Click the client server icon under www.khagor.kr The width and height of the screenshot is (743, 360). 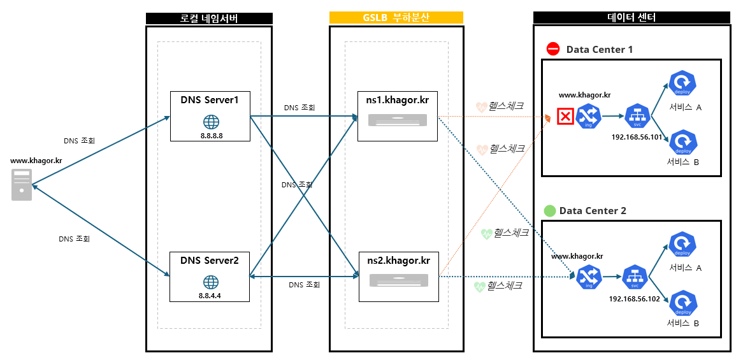click(x=22, y=185)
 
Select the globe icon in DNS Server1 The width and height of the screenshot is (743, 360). click(x=210, y=122)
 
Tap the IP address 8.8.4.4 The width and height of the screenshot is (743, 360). click(x=210, y=296)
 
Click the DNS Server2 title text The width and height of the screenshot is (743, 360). click(x=210, y=260)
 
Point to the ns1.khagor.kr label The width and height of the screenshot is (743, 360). click(x=396, y=99)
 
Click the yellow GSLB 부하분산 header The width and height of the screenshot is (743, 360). click(x=396, y=17)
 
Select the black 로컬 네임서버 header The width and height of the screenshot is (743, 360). click(x=209, y=18)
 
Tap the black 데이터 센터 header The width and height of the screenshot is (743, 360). click(x=631, y=17)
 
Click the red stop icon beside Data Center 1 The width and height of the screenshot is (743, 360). click(x=553, y=49)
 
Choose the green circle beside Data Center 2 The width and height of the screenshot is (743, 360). click(x=549, y=211)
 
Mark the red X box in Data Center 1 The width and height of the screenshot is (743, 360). click(x=565, y=116)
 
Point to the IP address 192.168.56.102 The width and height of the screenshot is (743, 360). click(x=634, y=299)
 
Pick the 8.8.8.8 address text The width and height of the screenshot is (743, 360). click(x=210, y=136)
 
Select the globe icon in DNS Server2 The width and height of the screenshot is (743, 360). click(x=210, y=282)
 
